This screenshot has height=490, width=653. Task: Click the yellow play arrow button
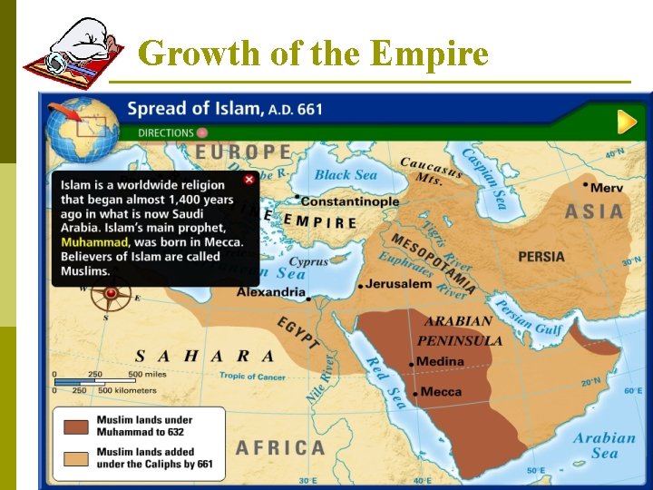626,122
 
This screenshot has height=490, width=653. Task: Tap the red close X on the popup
249,180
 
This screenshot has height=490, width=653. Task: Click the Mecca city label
442,392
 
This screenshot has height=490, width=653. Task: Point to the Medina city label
440,362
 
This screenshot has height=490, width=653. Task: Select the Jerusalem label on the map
400,284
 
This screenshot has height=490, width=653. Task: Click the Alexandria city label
271,292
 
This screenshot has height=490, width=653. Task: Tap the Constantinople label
349,201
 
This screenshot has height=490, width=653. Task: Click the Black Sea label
346,175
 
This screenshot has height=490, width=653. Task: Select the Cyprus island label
309,262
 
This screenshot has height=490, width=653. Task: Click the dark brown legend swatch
76,426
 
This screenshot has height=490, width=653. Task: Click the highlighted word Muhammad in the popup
94,242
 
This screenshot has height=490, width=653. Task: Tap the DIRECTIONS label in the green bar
166,132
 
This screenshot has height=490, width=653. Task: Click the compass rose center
112,293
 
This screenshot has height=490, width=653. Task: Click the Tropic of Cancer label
252,376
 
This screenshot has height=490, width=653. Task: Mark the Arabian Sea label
604,446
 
